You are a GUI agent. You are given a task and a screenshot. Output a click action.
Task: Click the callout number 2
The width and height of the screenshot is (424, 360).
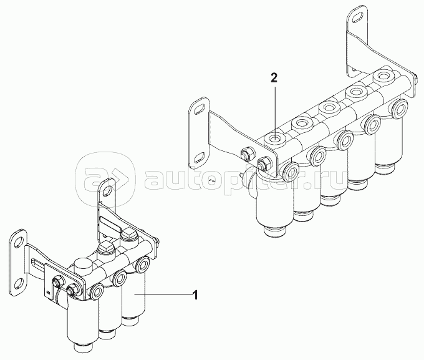click(x=274, y=78)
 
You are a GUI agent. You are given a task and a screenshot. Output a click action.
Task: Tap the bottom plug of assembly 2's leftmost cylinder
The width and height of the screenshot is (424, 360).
click(x=273, y=233)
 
